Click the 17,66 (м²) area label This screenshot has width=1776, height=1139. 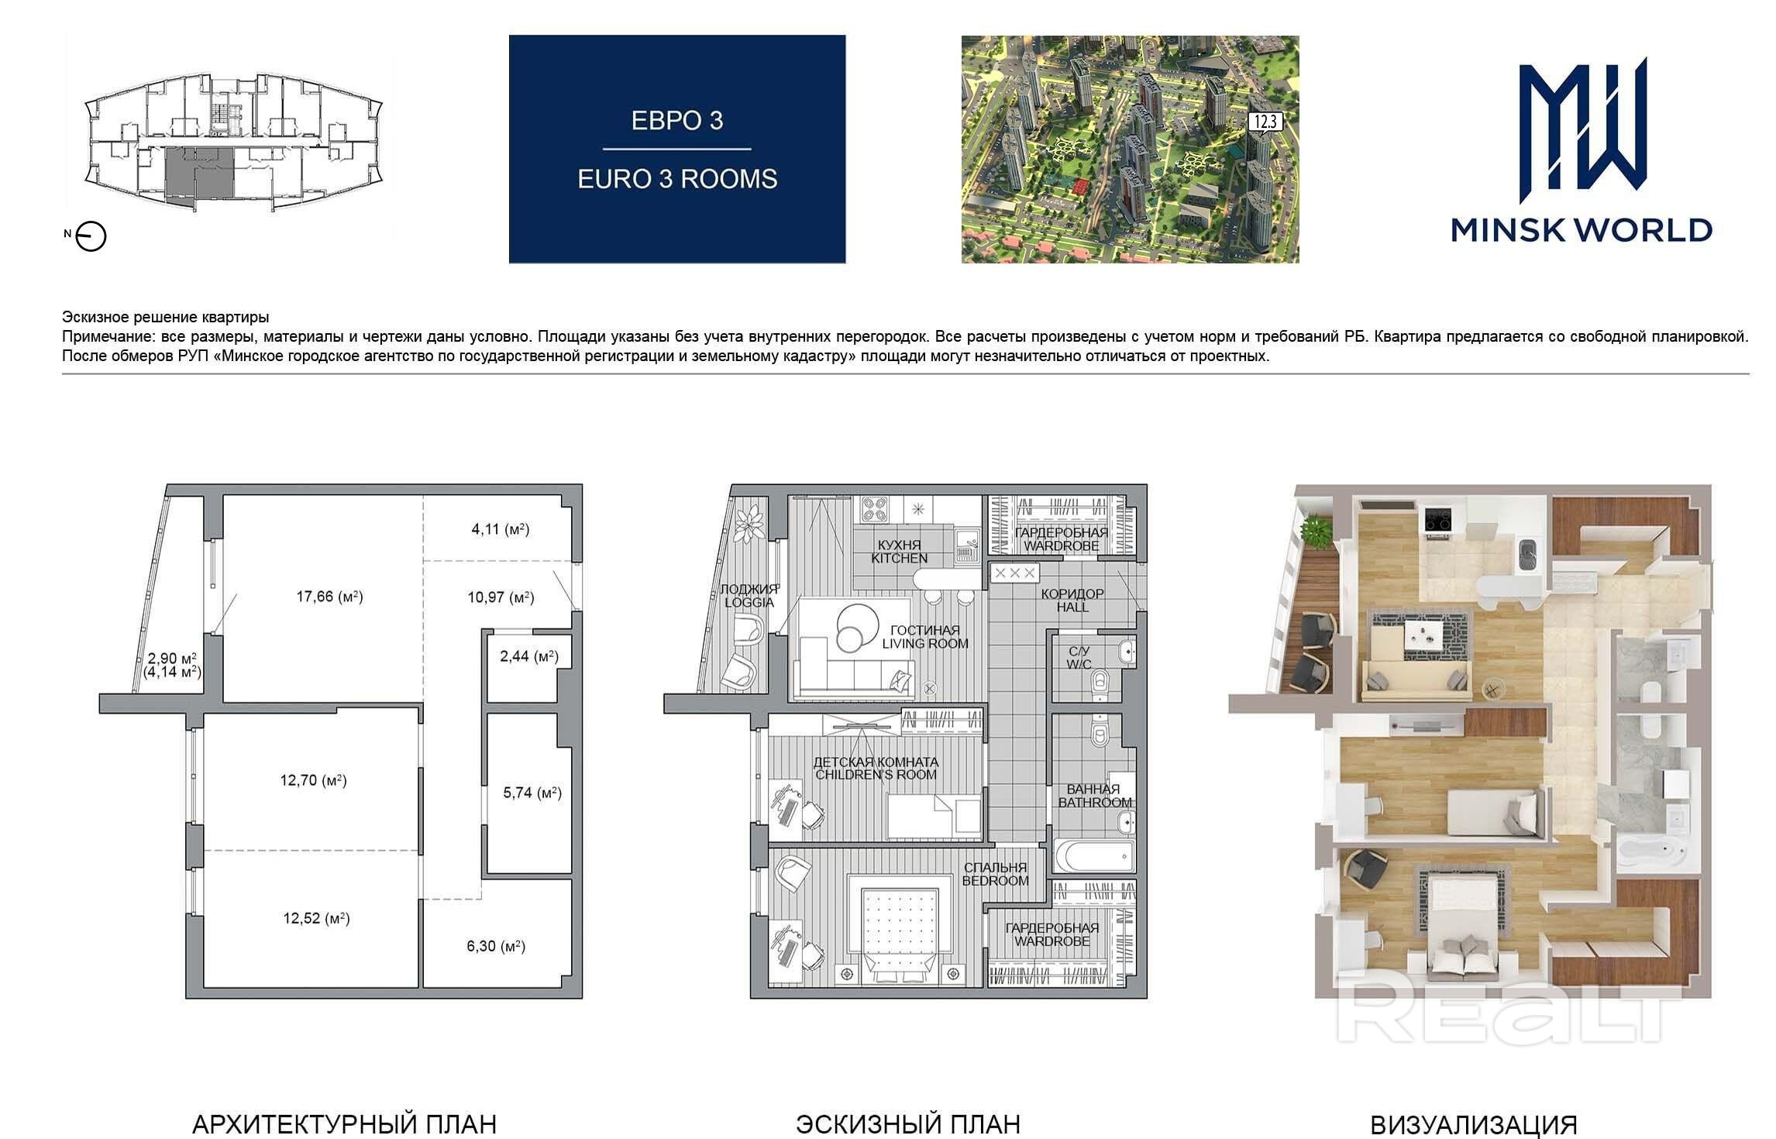[329, 597]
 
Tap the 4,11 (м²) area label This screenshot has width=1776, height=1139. [500, 530]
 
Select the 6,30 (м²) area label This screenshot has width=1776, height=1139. [497, 946]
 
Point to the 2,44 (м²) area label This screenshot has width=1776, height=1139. [529, 657]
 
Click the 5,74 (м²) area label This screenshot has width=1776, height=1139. [532, 793]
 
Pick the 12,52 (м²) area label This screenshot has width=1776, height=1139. [316, 919]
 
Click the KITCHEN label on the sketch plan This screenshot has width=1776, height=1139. [899, 559]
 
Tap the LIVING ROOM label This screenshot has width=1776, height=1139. [925, 644]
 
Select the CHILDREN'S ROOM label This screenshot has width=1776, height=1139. [876, 775]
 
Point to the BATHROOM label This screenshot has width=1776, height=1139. [1095, 803]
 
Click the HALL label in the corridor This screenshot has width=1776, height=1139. [1072, 607]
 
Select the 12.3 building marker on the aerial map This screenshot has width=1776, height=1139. [1263, 122]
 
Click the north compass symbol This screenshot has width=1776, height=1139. [92, 237]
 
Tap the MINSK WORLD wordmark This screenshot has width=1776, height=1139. [1581, 230]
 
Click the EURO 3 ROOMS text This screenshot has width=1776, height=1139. [677, 180]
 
